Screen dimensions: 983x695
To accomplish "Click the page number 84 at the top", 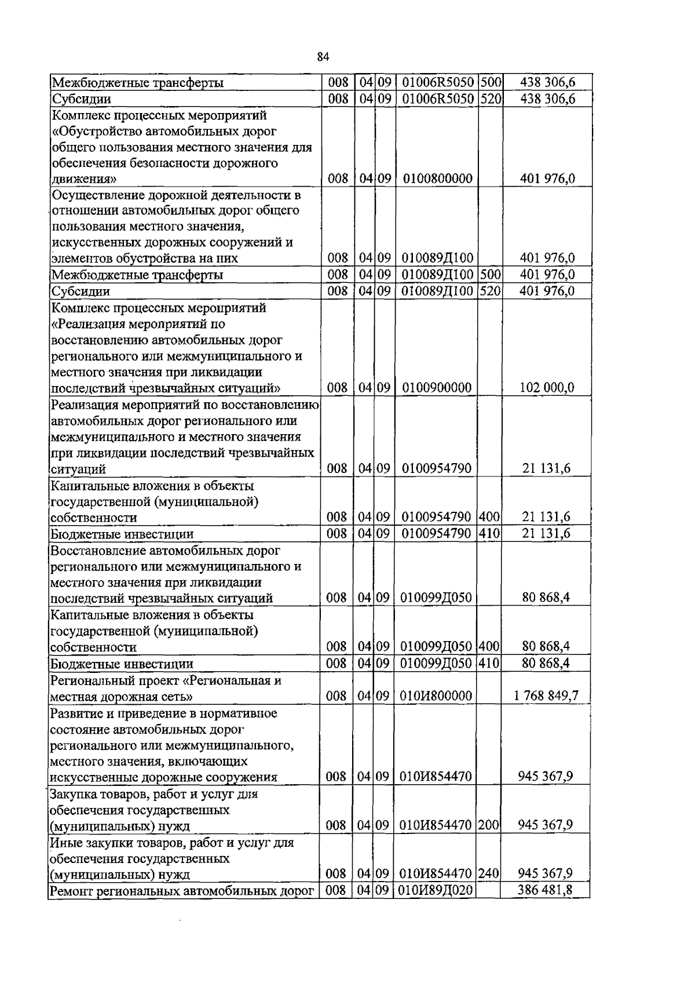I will (x=323, y=56).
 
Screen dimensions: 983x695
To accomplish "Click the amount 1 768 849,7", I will (x=546, y=696).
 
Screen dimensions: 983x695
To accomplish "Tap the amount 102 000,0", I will (x=547, y=388).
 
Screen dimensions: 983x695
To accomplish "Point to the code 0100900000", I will (x=437, y=388).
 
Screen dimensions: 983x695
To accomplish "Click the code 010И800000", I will (x=436, y=696).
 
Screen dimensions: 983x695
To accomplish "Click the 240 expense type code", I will (x=489, y=873).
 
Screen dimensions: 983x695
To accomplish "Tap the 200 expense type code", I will (x=489, y=825).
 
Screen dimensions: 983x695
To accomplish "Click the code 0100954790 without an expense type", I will (x=436, y=468).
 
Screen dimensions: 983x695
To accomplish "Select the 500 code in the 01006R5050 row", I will (x=490, y=83).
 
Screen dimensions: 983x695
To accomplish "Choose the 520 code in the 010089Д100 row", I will (x=489, y=291).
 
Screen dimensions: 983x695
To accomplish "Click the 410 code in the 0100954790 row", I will (x=489, y=533).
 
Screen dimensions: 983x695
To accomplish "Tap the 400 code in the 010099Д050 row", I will (x=489, y=647).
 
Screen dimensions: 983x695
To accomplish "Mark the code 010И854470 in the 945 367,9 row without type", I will (x=436, y=777).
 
